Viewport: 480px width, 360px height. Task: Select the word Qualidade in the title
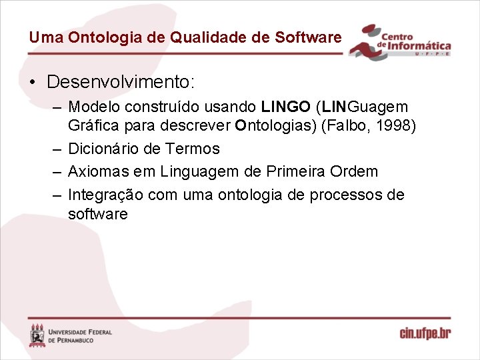(203, 37)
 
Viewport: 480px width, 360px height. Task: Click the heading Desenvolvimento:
(121, 83)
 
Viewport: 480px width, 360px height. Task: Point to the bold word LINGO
(286, 107)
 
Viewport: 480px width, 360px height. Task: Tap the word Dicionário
(101, 149)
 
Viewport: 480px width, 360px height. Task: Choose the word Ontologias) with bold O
(274, 127)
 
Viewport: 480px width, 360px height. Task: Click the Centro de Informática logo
(401, 43)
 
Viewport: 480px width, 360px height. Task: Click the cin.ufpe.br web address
(425, 333)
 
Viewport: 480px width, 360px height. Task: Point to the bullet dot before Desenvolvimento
(32, 83)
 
